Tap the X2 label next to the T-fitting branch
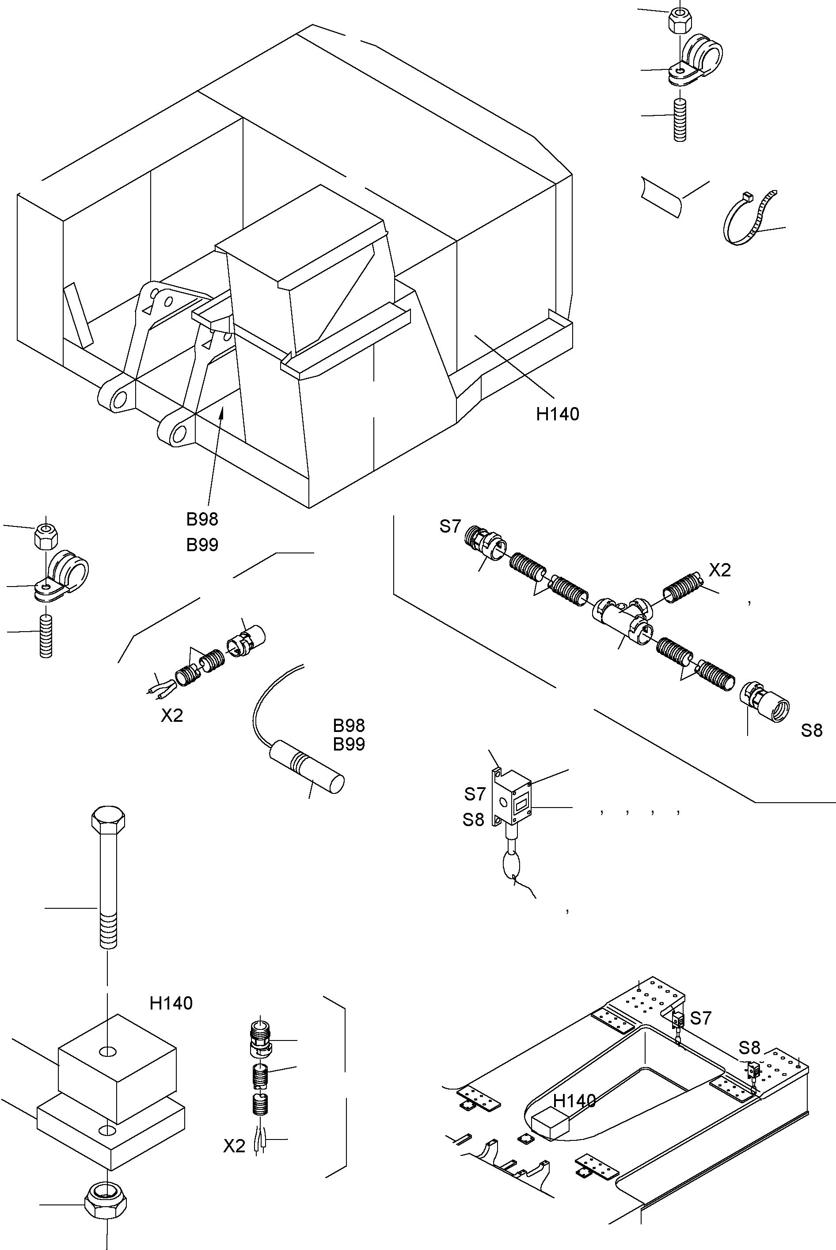point(720,571)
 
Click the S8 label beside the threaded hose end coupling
point(811,731)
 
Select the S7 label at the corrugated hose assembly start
point(450,526)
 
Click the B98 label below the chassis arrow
point(202,519)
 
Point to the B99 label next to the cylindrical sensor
point(349,744)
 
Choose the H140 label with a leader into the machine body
point(558,414)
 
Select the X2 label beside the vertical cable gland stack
point(234,1146)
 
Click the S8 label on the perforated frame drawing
point(749,1048)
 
